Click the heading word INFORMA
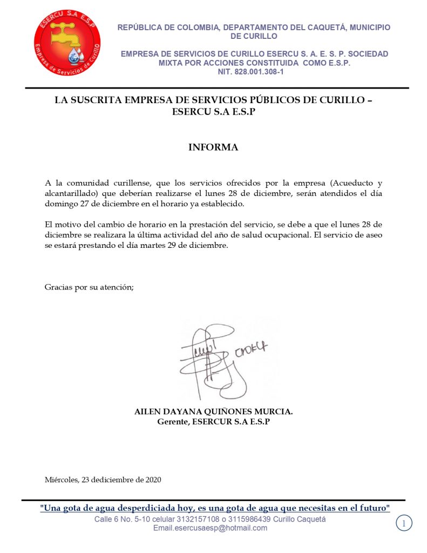coord(213,147)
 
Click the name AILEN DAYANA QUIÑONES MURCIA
coord(213,412)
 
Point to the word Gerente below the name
coord(171,421)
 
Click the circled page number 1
coord(404,522)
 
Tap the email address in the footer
coord(210,528)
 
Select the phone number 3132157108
coord(194,520)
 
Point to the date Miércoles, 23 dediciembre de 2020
coord(103,480)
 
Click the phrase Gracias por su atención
coord(89,287)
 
